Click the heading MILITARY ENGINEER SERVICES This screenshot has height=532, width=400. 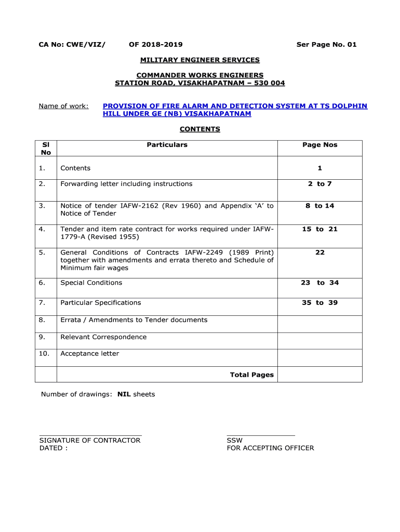tap(199, 60)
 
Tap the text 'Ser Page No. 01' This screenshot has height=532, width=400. tap(326, 45)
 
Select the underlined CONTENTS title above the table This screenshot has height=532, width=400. tap(199, 129)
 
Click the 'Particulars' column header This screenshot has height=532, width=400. tap(167, 145)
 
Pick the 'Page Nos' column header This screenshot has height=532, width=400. tap(319, 145)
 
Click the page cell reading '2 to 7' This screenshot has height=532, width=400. tap(319, 184)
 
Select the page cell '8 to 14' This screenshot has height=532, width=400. tap(319, 206)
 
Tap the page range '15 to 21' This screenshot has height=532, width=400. tap(319, 229)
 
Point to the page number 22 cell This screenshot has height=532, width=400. tap(319, 252)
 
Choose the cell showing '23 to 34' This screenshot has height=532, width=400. tap(319, 283)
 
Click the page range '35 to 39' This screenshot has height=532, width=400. tap(319, 303)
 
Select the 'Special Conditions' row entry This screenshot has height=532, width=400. tap(91, 283)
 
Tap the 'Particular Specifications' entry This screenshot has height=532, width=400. tap(101, 303)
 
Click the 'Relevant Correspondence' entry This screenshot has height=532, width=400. tap(103, 337)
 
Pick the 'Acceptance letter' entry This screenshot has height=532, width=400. tap(90, 354)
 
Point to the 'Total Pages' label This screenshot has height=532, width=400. tap(251, 375)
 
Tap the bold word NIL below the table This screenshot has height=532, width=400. tap(124, 394)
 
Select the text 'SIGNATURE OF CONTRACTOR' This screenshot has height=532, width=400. tap(90, 441)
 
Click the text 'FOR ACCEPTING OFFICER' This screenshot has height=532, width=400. tap(270, 448)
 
